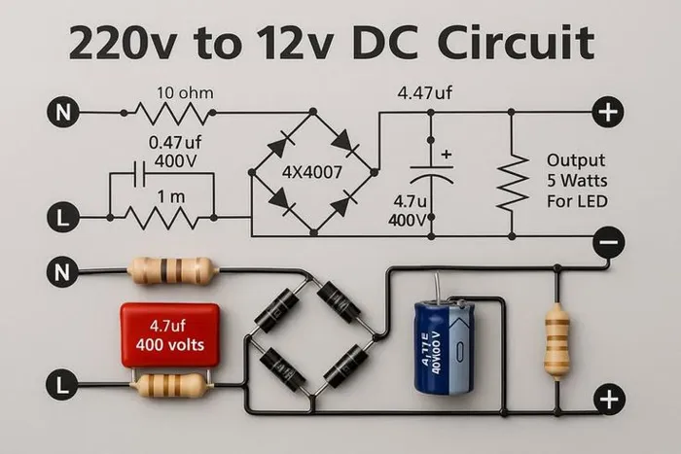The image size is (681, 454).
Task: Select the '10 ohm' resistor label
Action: [185, 93]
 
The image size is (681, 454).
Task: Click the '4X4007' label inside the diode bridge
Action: [313, 173]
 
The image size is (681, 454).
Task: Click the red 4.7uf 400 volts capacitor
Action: [169, 334]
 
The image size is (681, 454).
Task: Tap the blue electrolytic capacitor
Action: [444, 346]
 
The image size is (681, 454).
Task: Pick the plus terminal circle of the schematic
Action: [607, 113]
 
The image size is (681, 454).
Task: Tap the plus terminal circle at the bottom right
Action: [609, 399]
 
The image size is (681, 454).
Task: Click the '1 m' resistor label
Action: [171, 196]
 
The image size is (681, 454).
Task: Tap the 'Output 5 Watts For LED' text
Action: [575, 181]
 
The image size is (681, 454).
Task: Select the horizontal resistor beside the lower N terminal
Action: [173, 270]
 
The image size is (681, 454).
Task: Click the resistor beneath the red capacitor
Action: [171, 386]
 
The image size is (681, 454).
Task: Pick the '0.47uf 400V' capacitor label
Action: [172, 149]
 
